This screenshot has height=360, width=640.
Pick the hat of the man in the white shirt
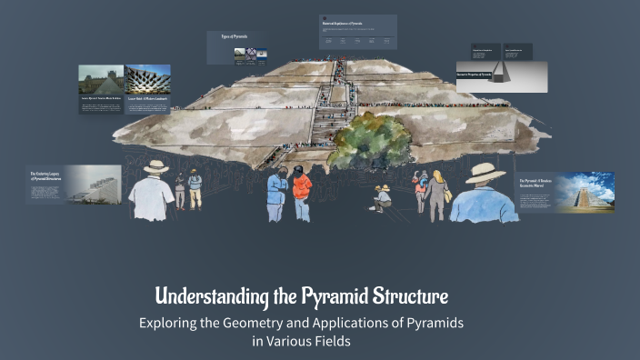point(156,167)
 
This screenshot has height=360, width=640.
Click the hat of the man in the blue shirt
point(485,172)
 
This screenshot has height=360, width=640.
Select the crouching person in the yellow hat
point(383,197)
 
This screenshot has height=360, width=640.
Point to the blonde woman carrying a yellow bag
point(438,192)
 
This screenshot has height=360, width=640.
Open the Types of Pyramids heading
point(235,37)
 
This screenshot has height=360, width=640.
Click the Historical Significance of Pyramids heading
point(346,20)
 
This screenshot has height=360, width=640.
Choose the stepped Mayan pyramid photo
point(593,193)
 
